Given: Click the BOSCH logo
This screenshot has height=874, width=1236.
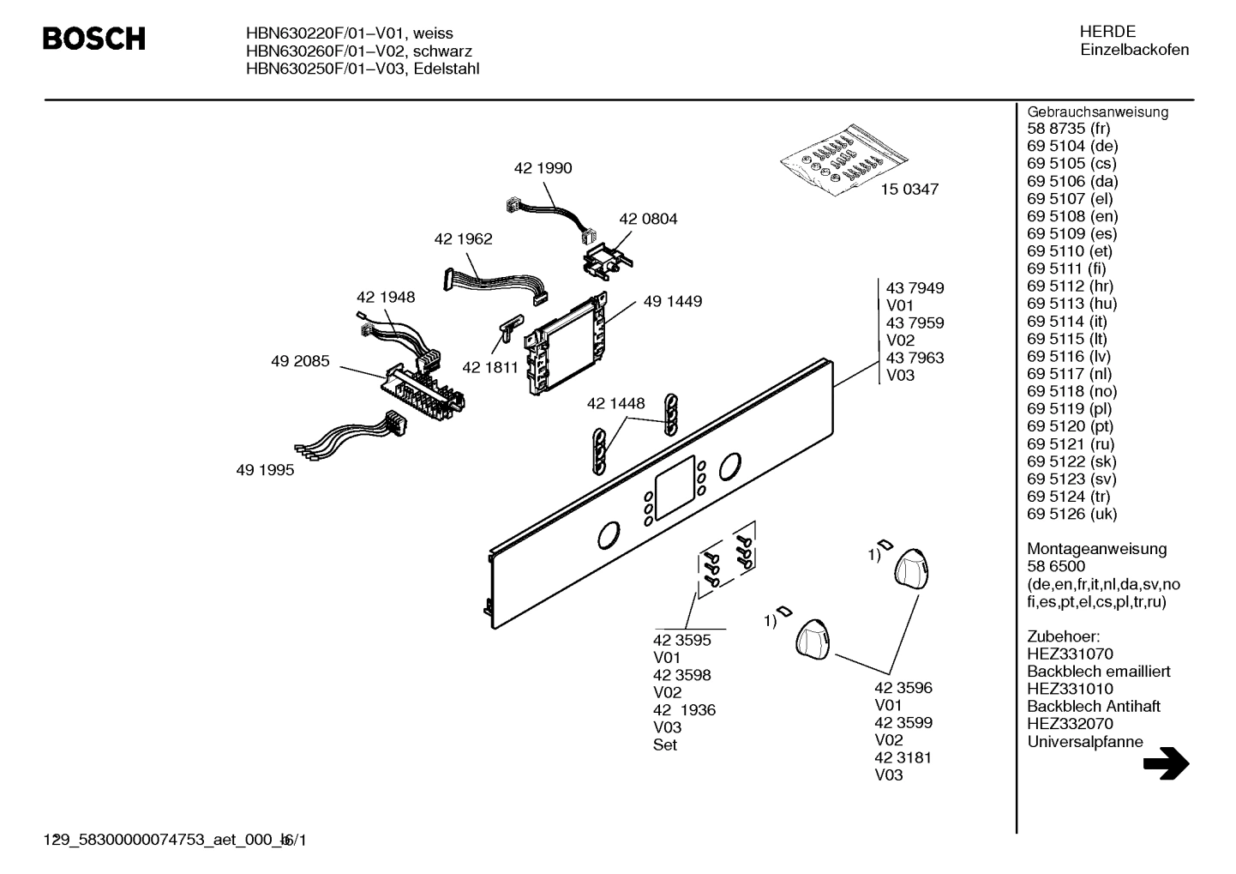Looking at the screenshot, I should [x=94, y=39].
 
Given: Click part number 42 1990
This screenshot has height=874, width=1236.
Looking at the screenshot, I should [x=543, y=168].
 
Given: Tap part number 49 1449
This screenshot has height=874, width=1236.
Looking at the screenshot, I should [x=672, y=301].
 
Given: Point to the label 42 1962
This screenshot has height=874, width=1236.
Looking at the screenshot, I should [x=463, y=238].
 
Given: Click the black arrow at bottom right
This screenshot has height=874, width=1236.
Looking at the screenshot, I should [x=1166, y=763].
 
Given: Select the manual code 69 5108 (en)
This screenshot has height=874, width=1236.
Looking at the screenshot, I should [x=1072, y=216].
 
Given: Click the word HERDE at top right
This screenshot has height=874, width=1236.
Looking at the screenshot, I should [x=1107, y=32].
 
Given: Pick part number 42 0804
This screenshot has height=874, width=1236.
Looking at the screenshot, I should [x=648, y=219].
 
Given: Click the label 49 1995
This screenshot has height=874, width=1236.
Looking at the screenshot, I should [x=265, y=470].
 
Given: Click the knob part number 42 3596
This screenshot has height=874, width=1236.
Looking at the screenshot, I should [x=903, y=688].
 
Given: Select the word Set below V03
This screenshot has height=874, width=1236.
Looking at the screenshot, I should [x=664, y=744].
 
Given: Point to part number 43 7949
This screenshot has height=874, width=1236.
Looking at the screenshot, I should [x=915, y=288].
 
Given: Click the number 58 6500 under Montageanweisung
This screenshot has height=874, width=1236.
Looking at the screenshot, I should [x=1056, y=566].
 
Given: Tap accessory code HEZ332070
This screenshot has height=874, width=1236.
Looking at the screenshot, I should [x=1070, y=724].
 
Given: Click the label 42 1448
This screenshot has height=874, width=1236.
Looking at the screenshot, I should [x=615, y=403].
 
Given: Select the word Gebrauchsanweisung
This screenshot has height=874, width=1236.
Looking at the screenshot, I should [x=1097, y=112].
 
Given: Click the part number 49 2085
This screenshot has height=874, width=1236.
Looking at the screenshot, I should [x=300, y=361].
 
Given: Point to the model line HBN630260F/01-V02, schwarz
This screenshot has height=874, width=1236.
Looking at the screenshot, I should [x=358, y=51].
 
